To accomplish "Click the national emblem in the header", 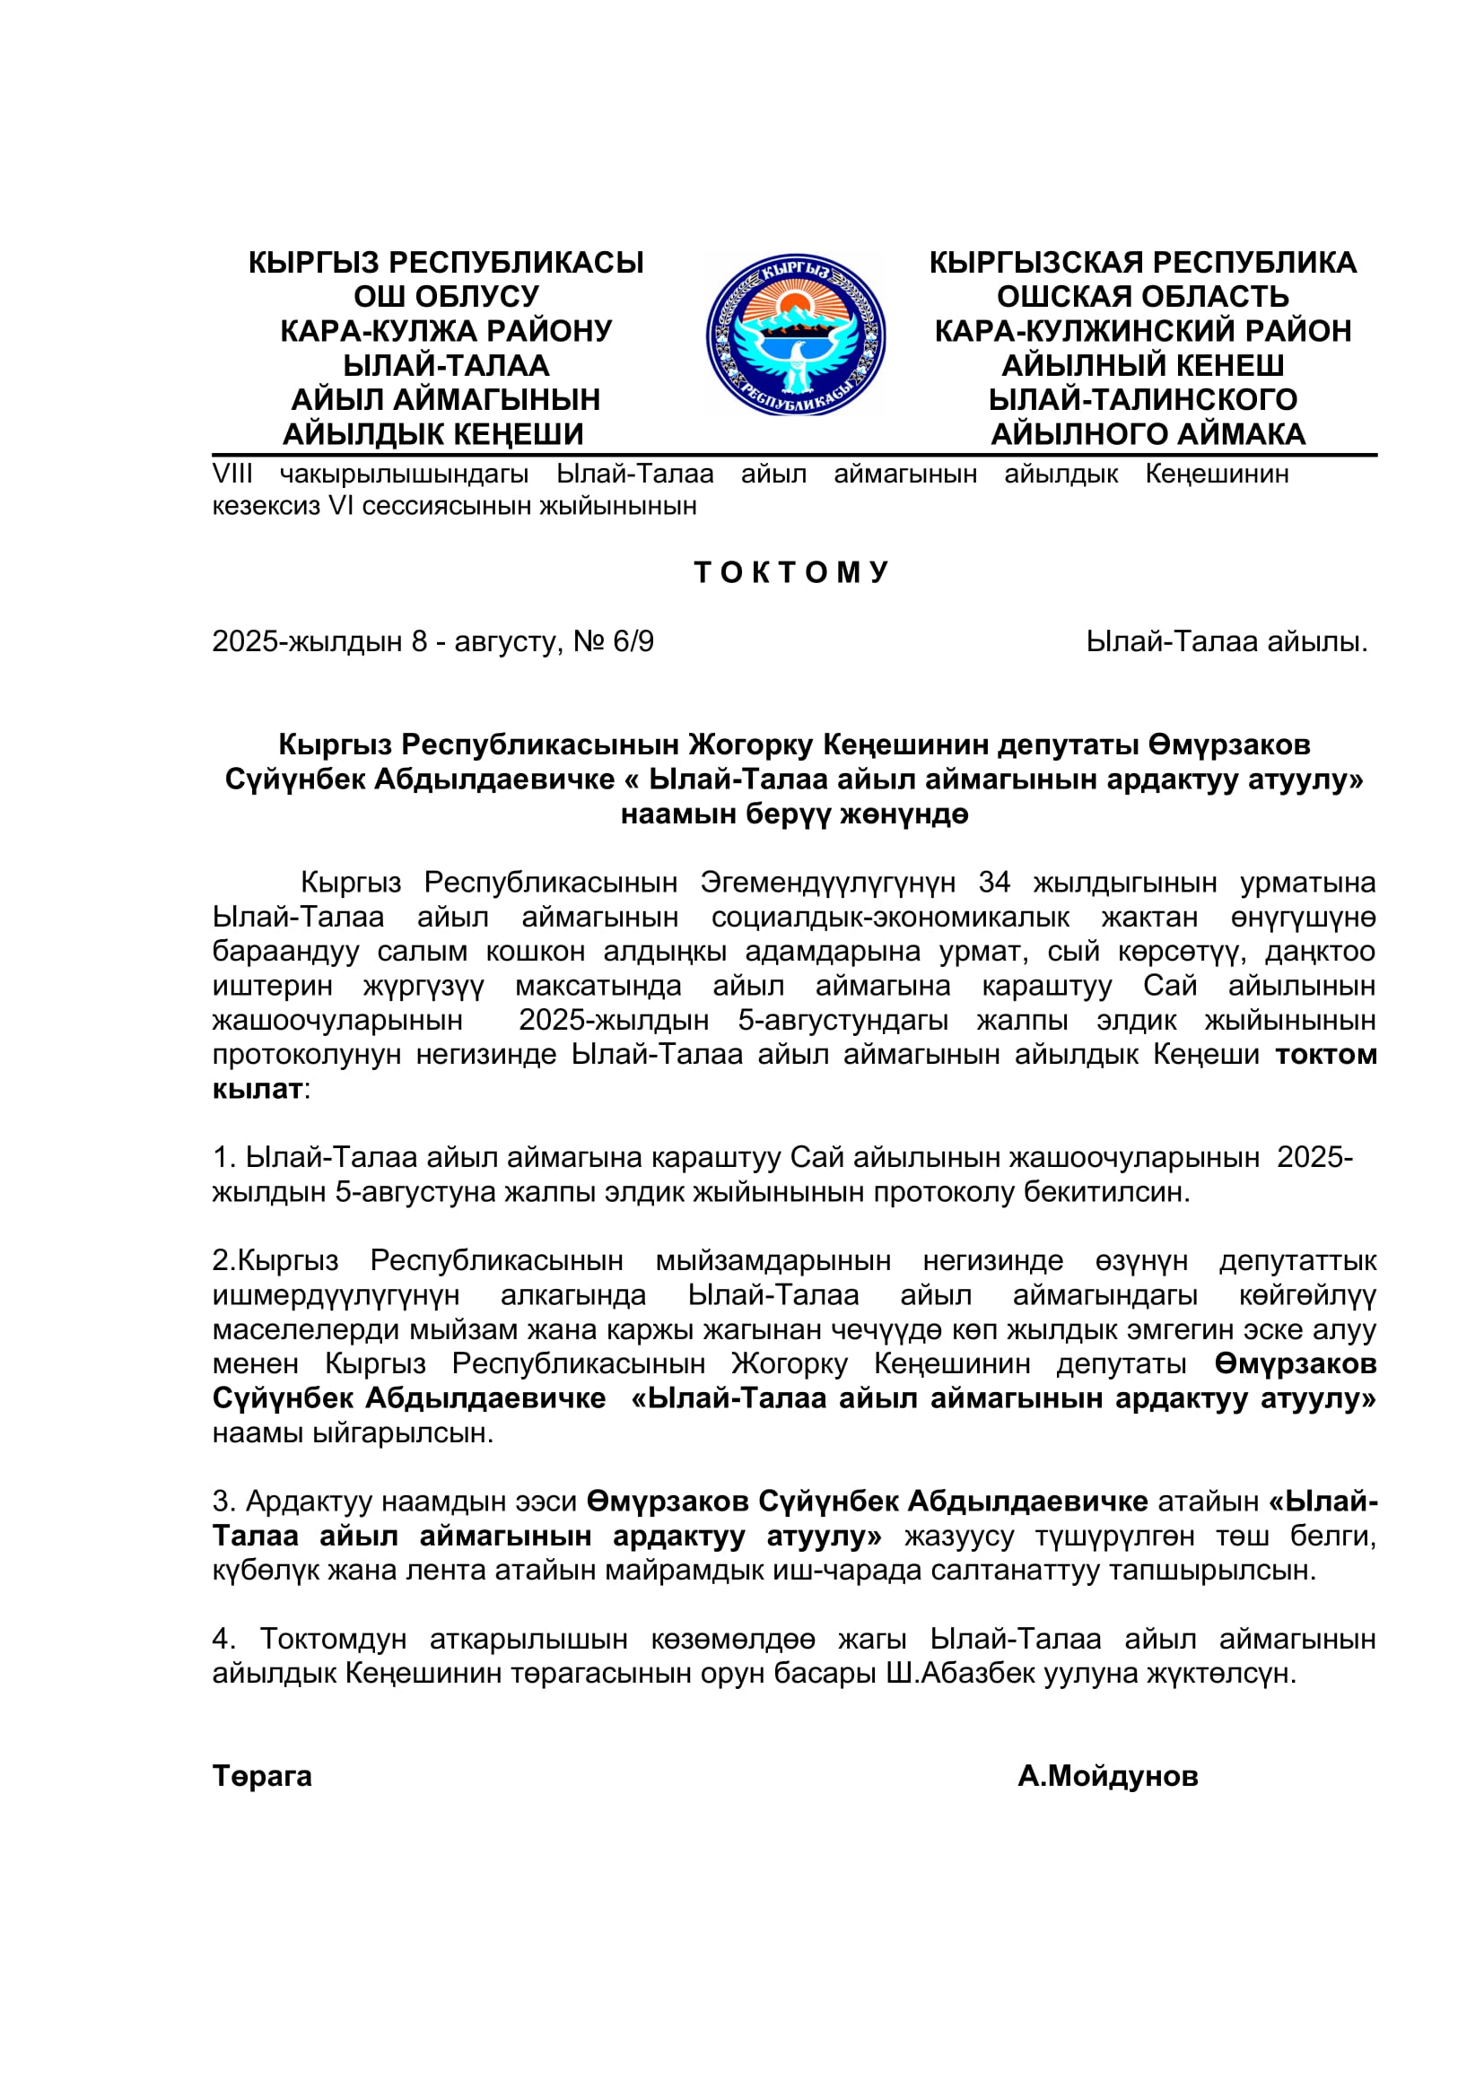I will click(795, 335).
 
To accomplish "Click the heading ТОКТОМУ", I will click(791, 572).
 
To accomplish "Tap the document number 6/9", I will click(633, 641).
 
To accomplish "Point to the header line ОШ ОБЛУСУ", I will click(446, 296).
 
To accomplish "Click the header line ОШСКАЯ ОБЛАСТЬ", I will click(1142, 296).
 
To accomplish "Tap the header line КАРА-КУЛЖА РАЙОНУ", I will click(446, 331).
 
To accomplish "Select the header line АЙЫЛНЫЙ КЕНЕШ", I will click(1142, 365).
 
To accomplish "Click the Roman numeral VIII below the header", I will click(232, 474).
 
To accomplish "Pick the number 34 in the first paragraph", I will click(994, 883).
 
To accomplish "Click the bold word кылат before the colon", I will click(257, 1088).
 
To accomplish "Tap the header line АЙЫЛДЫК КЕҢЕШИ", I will click(433, 434).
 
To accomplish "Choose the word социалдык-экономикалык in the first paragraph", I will click(890, 917).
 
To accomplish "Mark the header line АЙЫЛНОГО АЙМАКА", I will click(1148, 434).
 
